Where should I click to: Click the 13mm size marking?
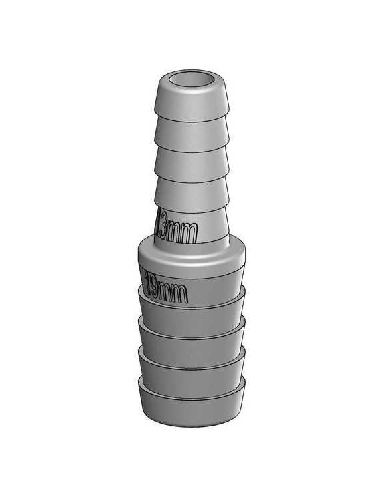[x=176, y=230]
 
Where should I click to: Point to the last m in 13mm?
[x=192, y=232]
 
